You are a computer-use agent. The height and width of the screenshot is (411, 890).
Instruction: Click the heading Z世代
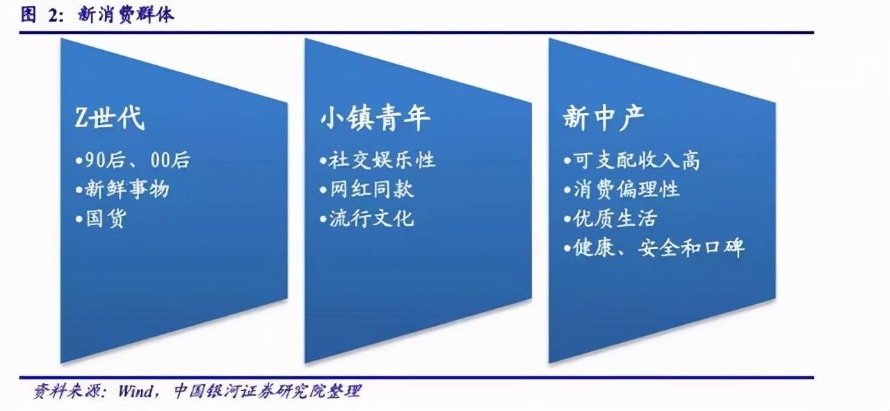coord(110,117)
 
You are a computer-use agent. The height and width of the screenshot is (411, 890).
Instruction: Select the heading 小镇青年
coord(375,117)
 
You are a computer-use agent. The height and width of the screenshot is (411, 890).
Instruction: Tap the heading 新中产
coord(604,117)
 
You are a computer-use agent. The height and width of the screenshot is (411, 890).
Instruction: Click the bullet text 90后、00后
coord(138,160)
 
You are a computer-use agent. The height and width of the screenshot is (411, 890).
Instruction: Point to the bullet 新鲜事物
coord(127,189)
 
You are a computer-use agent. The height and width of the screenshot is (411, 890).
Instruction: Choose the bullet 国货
coord(106,218)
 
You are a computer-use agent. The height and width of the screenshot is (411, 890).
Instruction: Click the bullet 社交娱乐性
coord(382,160)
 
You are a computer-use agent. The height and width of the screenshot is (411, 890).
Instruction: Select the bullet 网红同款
coord(371,189)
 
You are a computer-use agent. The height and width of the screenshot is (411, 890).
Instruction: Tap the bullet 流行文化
coord(371,218)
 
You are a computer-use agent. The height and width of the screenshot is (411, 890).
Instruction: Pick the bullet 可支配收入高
coord(636,160)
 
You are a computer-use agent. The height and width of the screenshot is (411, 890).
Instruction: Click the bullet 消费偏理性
coord(626,189)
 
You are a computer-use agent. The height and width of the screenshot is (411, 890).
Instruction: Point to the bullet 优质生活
coord(615,218)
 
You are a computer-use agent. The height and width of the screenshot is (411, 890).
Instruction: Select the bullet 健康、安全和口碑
coord(658,248)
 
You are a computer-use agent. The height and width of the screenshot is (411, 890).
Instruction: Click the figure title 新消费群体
coord(126,15)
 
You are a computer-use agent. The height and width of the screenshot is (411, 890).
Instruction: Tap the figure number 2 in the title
coord(54,15)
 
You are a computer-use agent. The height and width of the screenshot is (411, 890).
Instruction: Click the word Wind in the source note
coord(135,392)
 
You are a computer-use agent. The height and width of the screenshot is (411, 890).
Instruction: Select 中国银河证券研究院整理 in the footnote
coord(268,391)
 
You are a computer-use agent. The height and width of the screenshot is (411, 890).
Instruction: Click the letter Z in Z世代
coord(81,118)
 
